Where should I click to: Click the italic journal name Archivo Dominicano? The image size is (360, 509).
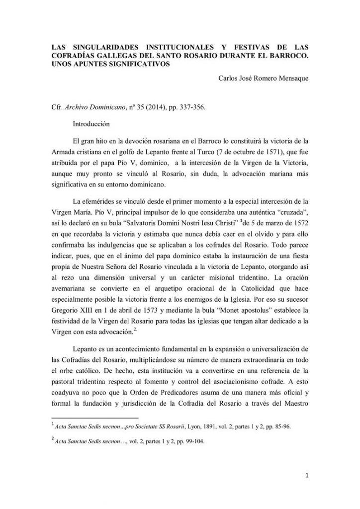[97, 107]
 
